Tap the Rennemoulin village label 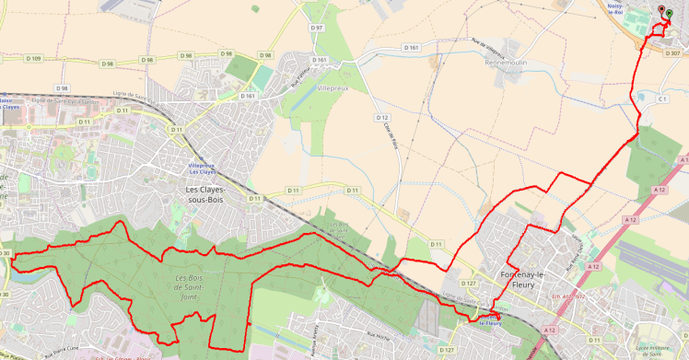(503, 64)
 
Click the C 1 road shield (661, 99)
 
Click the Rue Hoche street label (352, 337)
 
